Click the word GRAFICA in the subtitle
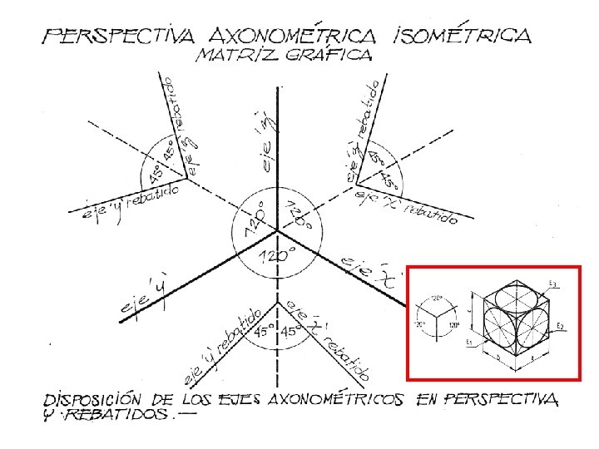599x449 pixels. pos(326,57)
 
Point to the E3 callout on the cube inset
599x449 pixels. pos(553,285)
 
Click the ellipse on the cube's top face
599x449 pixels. pos(509,295)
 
